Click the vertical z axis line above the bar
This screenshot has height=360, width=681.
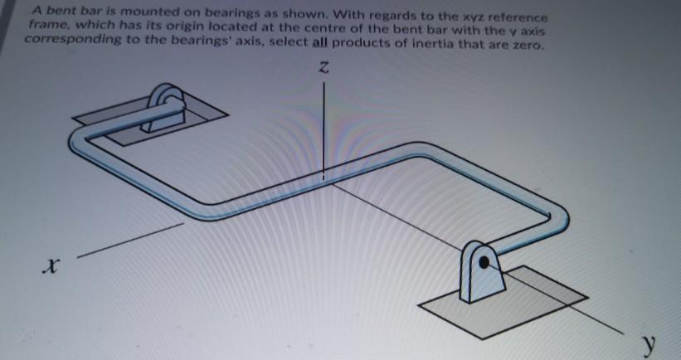(324, 124)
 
